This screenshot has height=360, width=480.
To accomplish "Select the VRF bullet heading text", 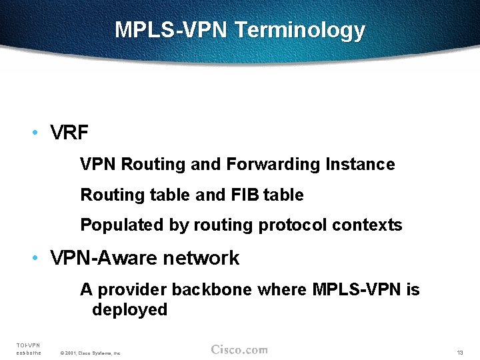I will point(69,133).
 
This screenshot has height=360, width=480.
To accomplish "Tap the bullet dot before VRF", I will point(34,133).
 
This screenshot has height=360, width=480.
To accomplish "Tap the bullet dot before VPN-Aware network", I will point(34,258).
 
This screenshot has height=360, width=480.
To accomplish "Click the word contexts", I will point(367,225).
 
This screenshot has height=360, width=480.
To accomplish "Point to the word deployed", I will point(129,309).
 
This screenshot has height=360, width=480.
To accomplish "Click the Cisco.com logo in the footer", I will point(239,349).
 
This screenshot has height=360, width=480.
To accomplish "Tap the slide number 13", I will point(459,352).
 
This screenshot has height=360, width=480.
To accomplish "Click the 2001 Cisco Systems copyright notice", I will point(90,353).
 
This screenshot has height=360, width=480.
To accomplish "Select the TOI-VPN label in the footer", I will point(28,345).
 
